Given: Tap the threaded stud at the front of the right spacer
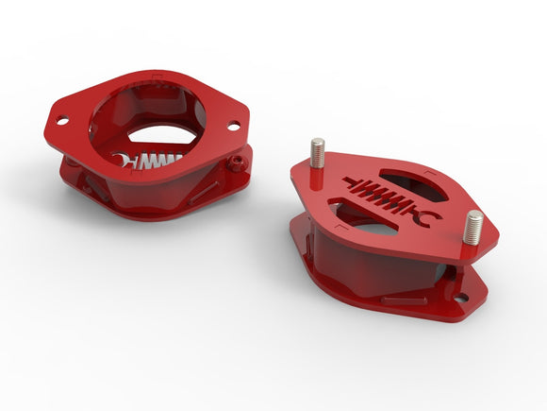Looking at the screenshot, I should (473, 228).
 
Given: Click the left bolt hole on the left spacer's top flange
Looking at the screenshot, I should (61, 121).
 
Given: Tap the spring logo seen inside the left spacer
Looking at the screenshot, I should (152, 163).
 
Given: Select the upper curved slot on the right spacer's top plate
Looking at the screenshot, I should (411, 179).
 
